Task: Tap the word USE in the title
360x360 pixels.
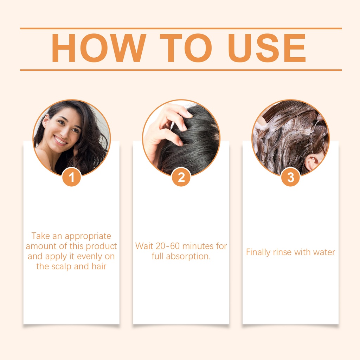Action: (267, 48)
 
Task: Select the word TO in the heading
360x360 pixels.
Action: (186, 48)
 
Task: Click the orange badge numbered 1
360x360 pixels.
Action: (71, 177)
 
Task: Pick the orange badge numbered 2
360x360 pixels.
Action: (181, 177)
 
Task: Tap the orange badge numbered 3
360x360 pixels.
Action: (291, 177)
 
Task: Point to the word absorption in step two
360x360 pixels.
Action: (188, 256)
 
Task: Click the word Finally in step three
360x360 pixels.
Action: (258, 252)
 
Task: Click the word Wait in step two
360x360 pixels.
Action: (144, 246)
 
